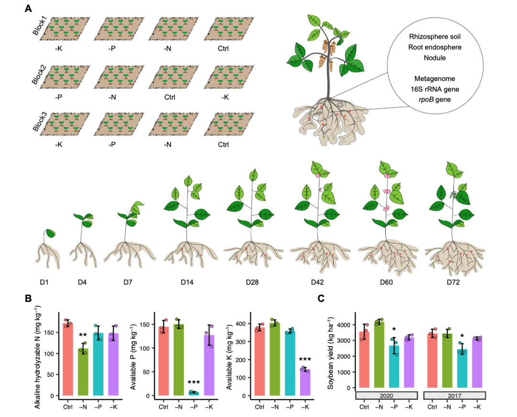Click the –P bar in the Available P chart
(193, 393)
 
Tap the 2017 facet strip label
(455, 396)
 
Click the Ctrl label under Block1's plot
(223, 48)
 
